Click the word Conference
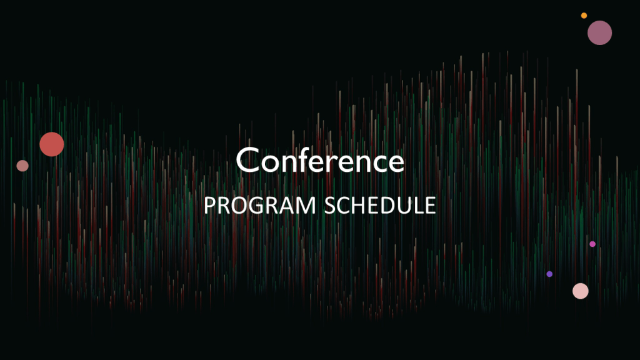[x=320, y=160]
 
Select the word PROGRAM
[x=259, y=205]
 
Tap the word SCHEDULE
[x=380, y=205]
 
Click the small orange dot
[x=584, y=16]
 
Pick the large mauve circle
[x=599, y=32]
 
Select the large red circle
[x=52, y=144]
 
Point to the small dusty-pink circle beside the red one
[x=22, y=166]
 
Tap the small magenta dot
[x=592, y=244]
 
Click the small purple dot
[x=549, y=274]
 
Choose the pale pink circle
[x=581, y=291]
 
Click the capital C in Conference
[x=247, y=160]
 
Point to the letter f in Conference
[x=308, y=159]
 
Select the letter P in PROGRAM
[x=210, y=205]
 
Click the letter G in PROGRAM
[x=258, y=205]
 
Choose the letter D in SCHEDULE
[x=392, y=205]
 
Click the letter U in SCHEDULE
[x=410, y=206]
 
